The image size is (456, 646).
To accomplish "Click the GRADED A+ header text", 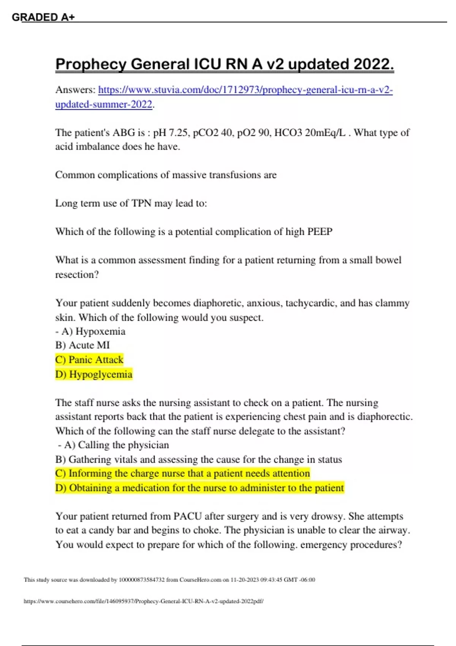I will (43, 17).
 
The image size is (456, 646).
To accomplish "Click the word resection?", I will (77, 274).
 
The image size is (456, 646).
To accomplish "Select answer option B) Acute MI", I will (82, 345).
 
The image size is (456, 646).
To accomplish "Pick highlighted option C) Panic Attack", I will (89, 359).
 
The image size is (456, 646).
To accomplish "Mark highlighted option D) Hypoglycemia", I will (94, 374).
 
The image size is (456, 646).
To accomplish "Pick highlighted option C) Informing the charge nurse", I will (182, 473).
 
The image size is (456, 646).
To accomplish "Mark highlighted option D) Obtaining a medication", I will (199, 488).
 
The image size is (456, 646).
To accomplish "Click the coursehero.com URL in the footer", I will (144, 601).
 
